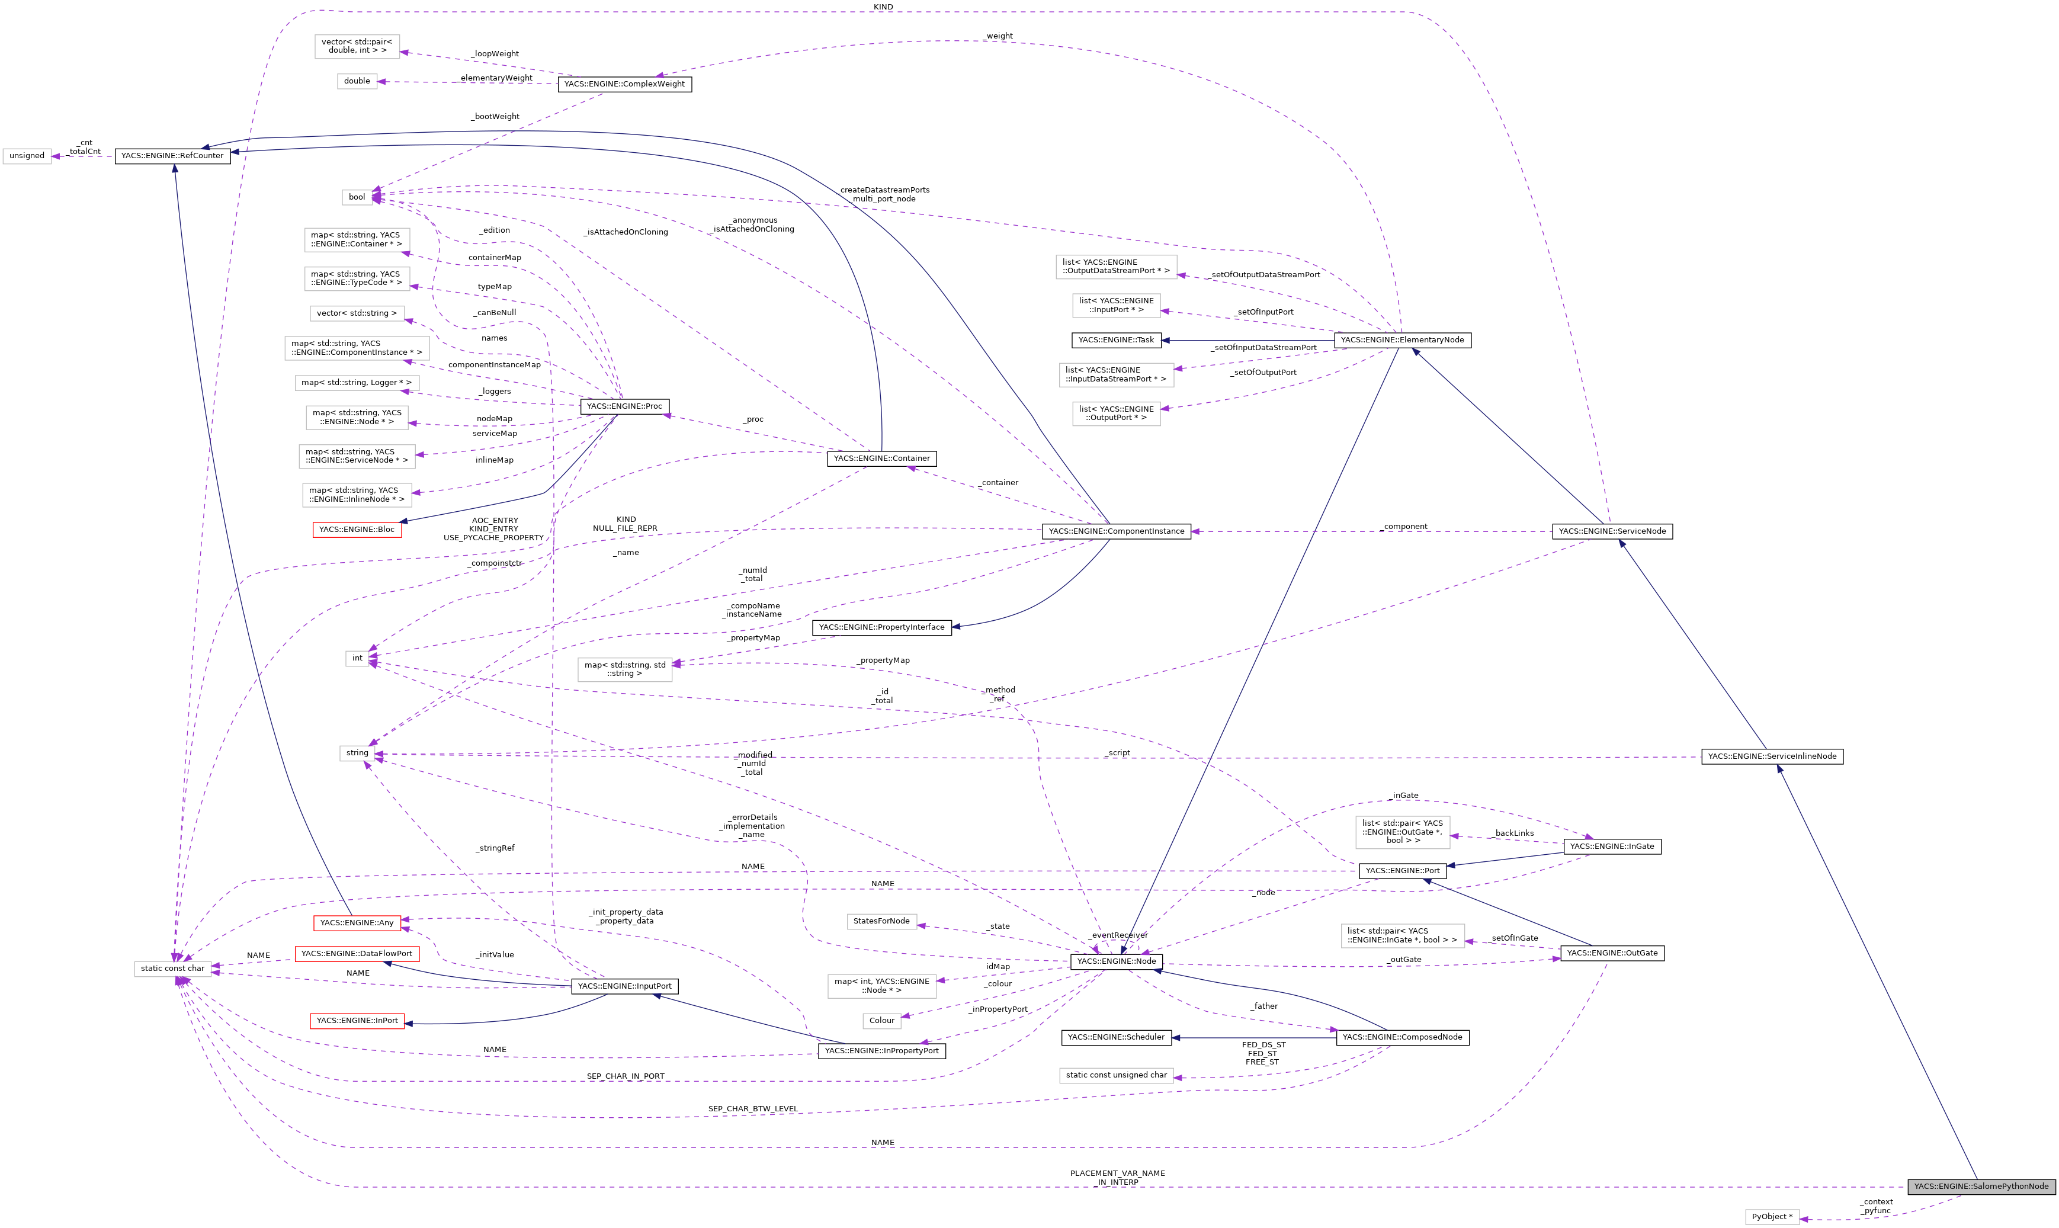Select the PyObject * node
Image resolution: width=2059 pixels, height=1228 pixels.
[1772, 1216]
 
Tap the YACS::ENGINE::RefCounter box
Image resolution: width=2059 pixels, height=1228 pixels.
[172, 156]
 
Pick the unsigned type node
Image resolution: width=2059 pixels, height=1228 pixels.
[27, 156]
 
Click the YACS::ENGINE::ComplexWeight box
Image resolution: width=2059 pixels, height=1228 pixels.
[624, 84]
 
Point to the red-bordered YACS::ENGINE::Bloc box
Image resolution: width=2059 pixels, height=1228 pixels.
[357, 530]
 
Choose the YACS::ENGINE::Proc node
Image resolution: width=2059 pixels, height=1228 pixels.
[624, 406]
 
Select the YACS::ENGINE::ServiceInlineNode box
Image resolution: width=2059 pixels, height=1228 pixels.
[1772, 756]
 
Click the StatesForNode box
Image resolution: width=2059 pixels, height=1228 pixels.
[881, 921]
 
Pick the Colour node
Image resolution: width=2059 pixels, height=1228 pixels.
[882, 1020]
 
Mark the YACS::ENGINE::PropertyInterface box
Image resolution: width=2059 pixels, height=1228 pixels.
[882, 627]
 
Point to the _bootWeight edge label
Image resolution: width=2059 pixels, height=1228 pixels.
[496, 117]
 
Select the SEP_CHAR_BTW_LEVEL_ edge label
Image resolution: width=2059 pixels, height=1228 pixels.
[753, 1109]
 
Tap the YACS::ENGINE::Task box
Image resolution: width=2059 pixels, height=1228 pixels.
[1116, 340]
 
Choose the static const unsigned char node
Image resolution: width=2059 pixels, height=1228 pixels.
[1116, 1075]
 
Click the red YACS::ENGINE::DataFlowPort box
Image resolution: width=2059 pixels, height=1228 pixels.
[357, 953]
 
